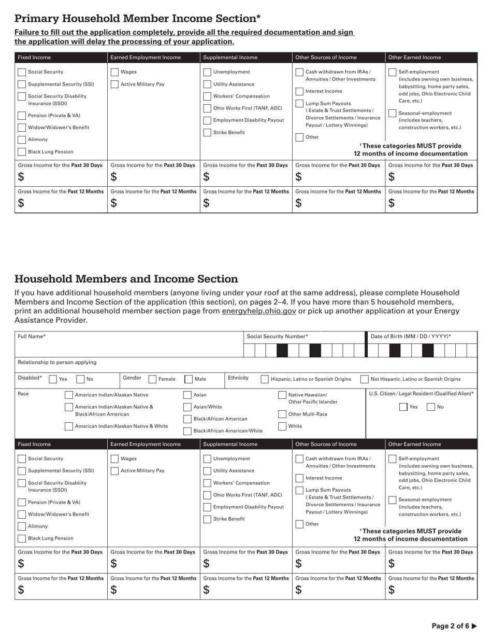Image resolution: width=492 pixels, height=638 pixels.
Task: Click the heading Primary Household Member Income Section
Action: (x=137, y=19)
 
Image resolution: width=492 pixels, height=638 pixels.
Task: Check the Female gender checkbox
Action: (x=153, y=379)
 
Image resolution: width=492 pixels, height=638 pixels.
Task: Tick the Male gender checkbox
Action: (x=189, y=379)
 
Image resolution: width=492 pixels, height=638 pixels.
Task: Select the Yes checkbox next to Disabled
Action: (x=53, y=379)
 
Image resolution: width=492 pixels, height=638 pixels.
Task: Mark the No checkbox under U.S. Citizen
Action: (x=431, y=407)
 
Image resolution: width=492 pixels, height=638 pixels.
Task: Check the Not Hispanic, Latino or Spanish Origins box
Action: (x=364, y=379)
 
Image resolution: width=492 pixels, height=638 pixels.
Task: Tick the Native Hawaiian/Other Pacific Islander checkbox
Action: (x=282, y=395)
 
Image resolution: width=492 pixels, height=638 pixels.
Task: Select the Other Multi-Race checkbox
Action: (x=282, y=414)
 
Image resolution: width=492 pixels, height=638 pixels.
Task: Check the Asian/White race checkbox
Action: (x=187, y=407)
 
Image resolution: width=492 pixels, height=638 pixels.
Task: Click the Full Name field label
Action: (x=32, y=336)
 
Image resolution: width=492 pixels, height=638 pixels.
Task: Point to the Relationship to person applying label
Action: (x=57, y=362)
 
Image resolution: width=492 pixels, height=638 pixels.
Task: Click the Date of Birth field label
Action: (x=411, y=336)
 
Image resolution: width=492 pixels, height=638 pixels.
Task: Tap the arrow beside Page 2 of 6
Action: (x=474, y=626)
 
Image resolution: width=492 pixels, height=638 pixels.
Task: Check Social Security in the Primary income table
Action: (x=22, y=72)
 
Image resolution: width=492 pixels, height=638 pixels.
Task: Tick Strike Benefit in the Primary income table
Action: (x=207, y=133)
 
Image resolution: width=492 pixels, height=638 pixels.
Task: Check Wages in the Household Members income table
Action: (x=115, y=459)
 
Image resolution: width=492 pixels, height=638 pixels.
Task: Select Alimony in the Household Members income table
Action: (x=22, y=526)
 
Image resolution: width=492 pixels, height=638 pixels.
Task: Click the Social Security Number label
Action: (x=277, y=336)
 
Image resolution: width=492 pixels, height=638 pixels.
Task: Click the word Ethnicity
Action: (x=238, y=378)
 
